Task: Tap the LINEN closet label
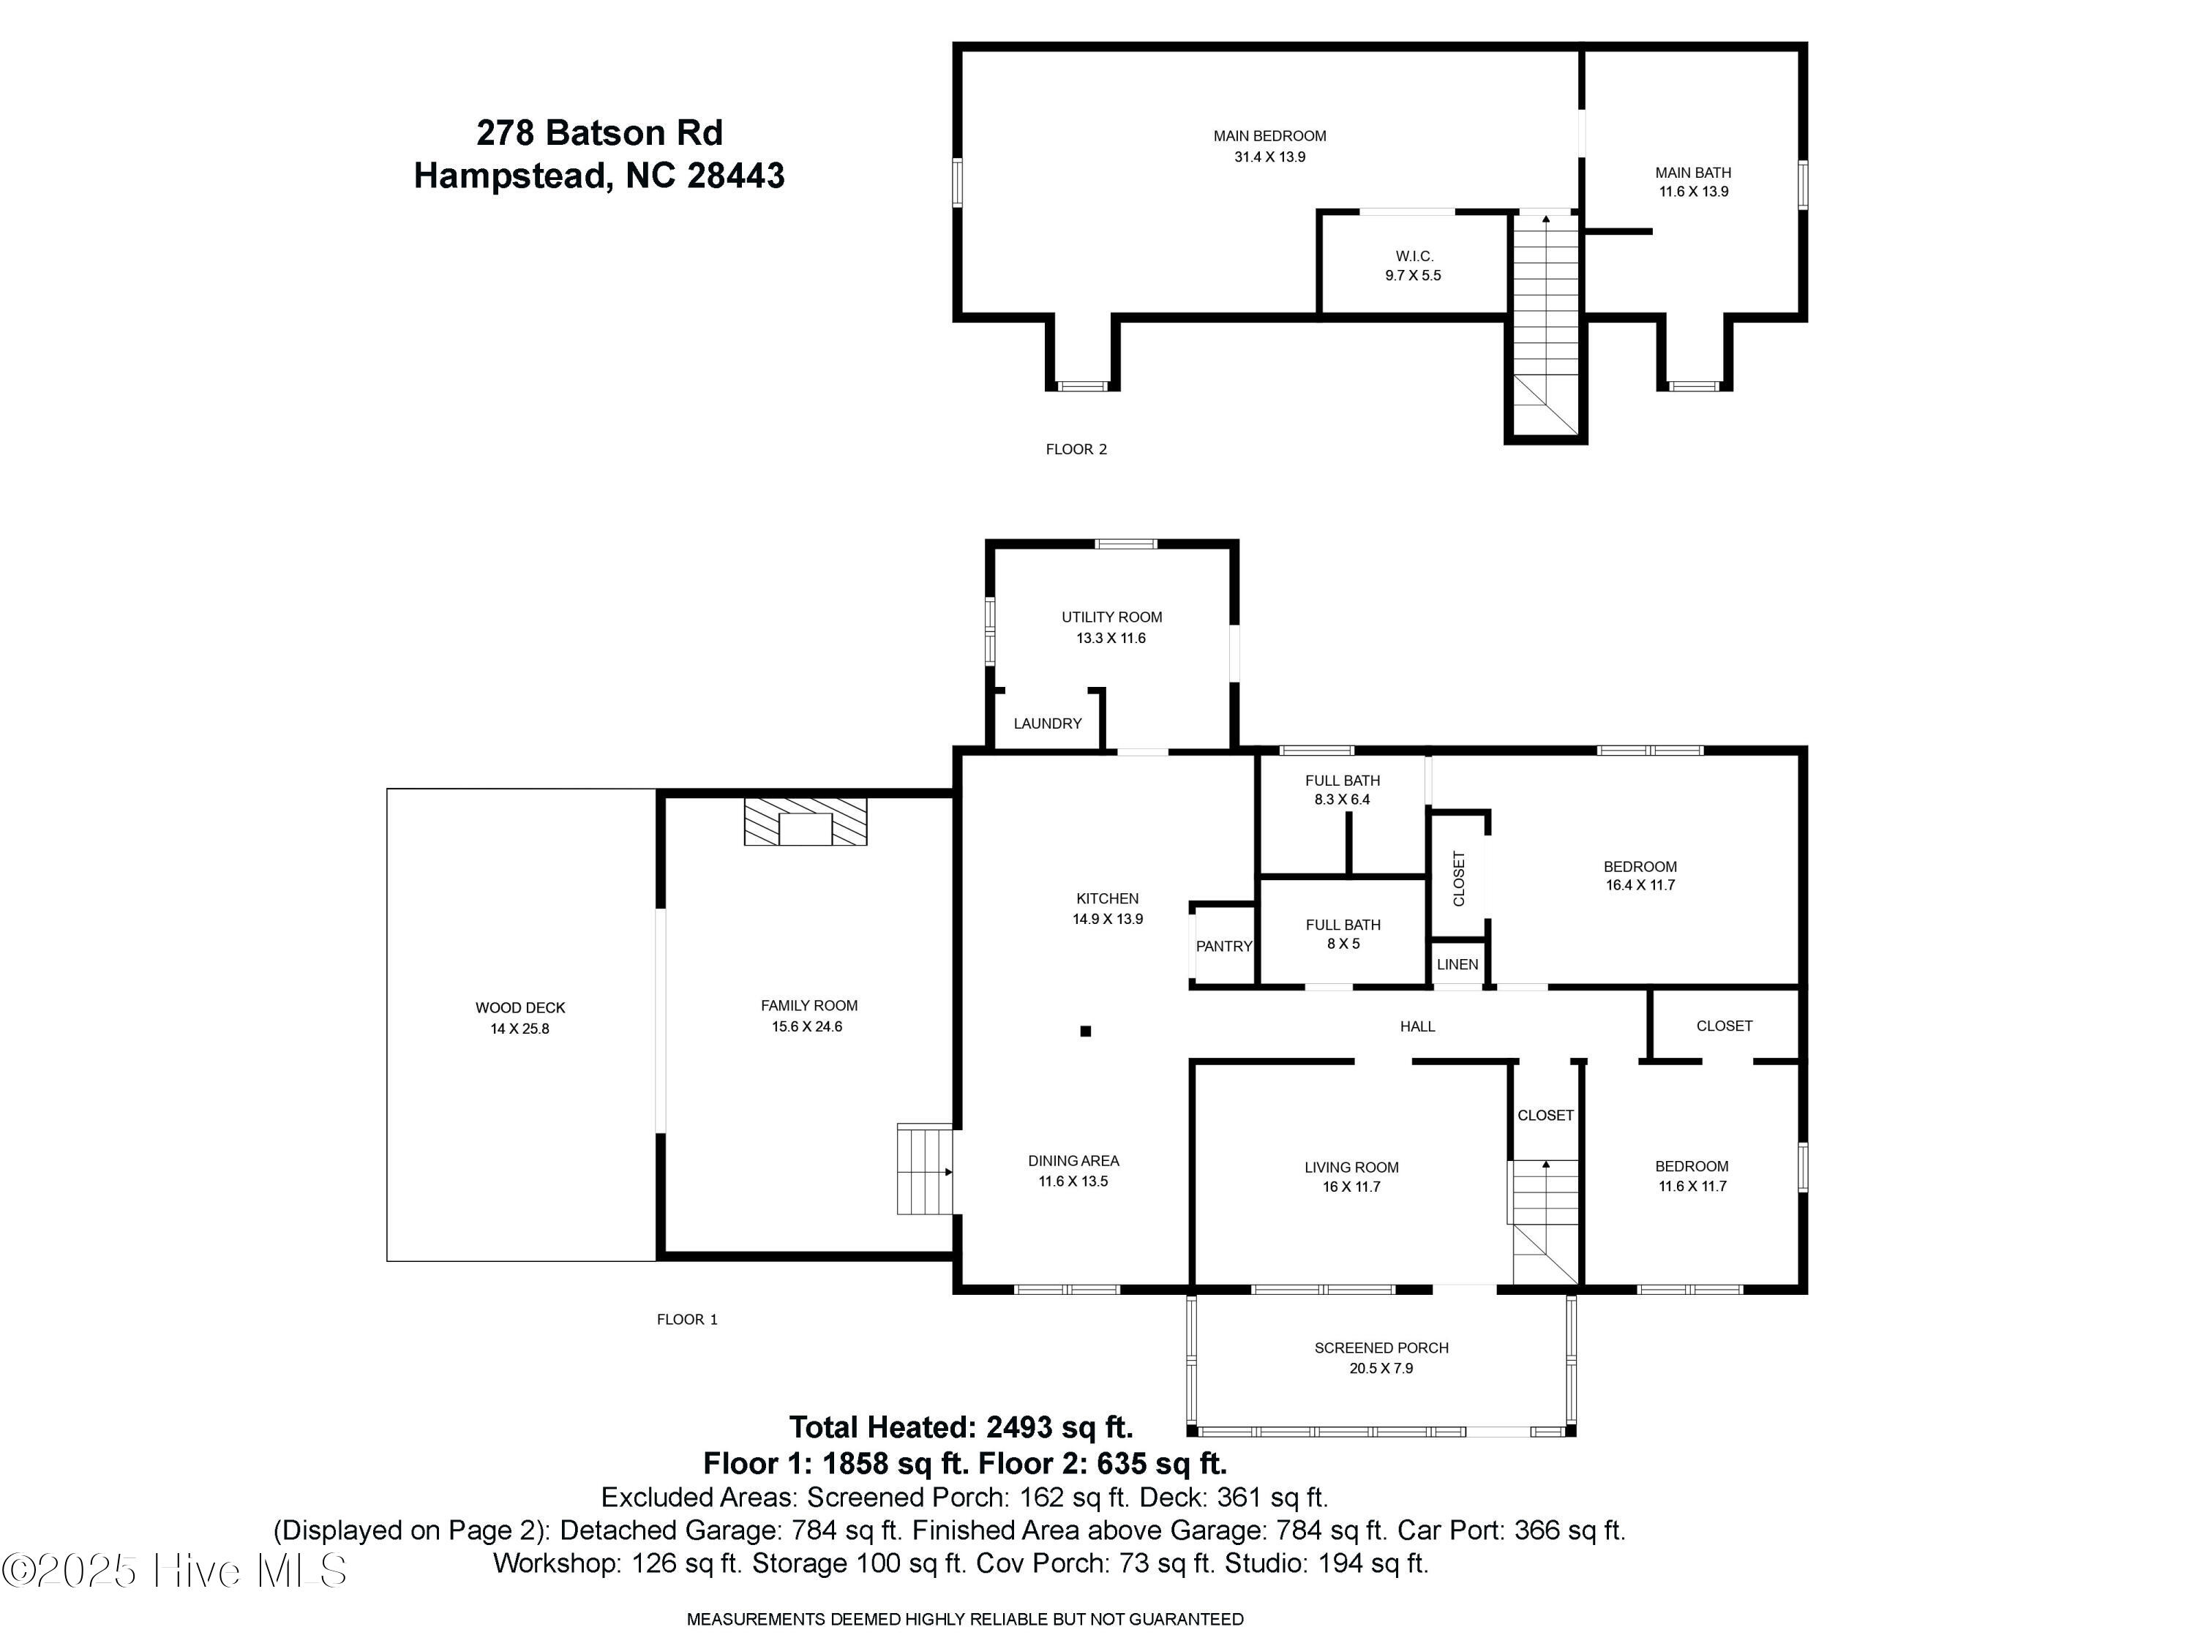pos(1457,964)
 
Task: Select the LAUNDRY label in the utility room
pos(1047,724)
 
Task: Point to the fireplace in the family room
pos(805,822)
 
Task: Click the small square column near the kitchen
pos(1086,1031)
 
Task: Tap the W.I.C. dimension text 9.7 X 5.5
pos(1413,276)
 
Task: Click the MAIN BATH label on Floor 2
pos(1693,173)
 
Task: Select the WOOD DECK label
pos(520,1008)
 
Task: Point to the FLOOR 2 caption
pos(1076,449)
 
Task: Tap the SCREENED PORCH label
pos(1381,1348)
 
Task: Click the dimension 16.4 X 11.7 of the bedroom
pos(1640,885)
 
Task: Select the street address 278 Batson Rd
pos(599,133)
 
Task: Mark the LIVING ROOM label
pos(1351,1168)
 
